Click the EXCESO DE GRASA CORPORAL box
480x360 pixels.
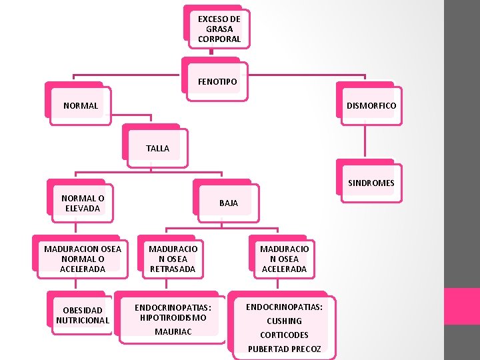point(219,29)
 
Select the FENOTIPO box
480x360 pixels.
point(217,81)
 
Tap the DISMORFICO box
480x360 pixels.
point(371,105)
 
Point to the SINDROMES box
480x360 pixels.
point(371,183)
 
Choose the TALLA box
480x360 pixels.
point(157,148)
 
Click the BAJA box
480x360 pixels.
point(228,203)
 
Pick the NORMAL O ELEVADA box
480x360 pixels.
point(83,203)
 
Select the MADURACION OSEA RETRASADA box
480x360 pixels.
point(173,259)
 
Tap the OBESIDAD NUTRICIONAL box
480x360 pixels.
point(83,315)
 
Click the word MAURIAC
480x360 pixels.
point(173,331)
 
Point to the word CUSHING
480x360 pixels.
point(284,321)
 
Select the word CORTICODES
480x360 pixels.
point(284,335)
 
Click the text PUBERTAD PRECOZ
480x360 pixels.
point(284,349)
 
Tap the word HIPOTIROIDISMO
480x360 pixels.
point(173,317)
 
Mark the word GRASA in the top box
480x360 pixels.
point(219,29)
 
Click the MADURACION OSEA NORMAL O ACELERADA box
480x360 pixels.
point(83,259)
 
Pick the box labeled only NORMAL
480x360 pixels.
point(81,105)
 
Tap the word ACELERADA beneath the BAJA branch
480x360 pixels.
point(284,269)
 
